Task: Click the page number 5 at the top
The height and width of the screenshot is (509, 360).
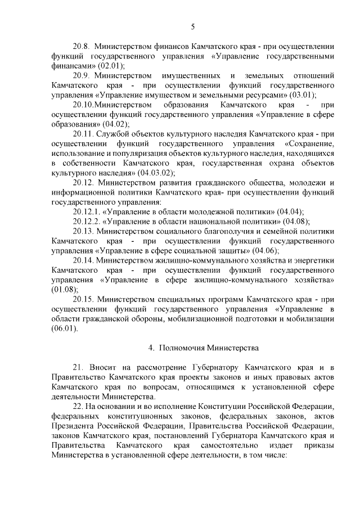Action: tap(192, 26)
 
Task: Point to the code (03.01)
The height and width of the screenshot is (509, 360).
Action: tap(298, 94)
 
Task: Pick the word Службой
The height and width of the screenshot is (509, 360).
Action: tap(114, 133)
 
